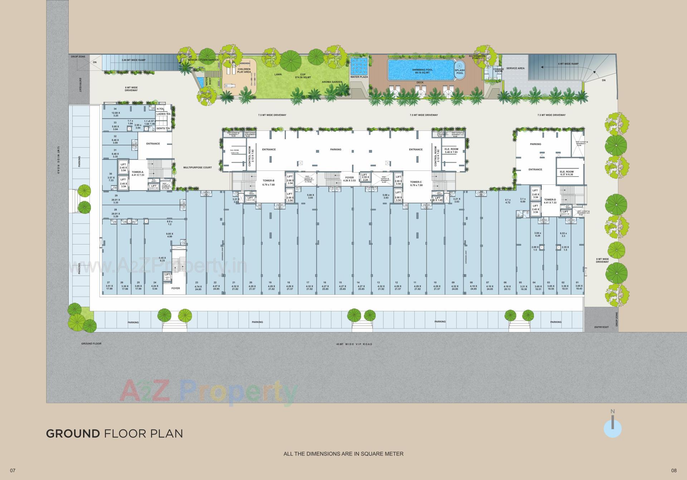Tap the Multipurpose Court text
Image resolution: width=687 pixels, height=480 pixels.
click(198, 167)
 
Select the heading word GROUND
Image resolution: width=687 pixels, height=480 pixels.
click(73, 434)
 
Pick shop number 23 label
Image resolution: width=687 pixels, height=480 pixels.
click(197, 286)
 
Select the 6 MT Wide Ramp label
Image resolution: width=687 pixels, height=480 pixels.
click(568, 64)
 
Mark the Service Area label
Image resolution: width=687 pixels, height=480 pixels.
click(515, 68)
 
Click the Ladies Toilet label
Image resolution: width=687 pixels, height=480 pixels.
click(164, 114)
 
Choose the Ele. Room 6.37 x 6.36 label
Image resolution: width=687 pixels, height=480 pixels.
click(567, 173)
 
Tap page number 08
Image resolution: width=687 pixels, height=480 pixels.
click(674, 470)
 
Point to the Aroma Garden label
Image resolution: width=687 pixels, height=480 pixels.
click(332, 82)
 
